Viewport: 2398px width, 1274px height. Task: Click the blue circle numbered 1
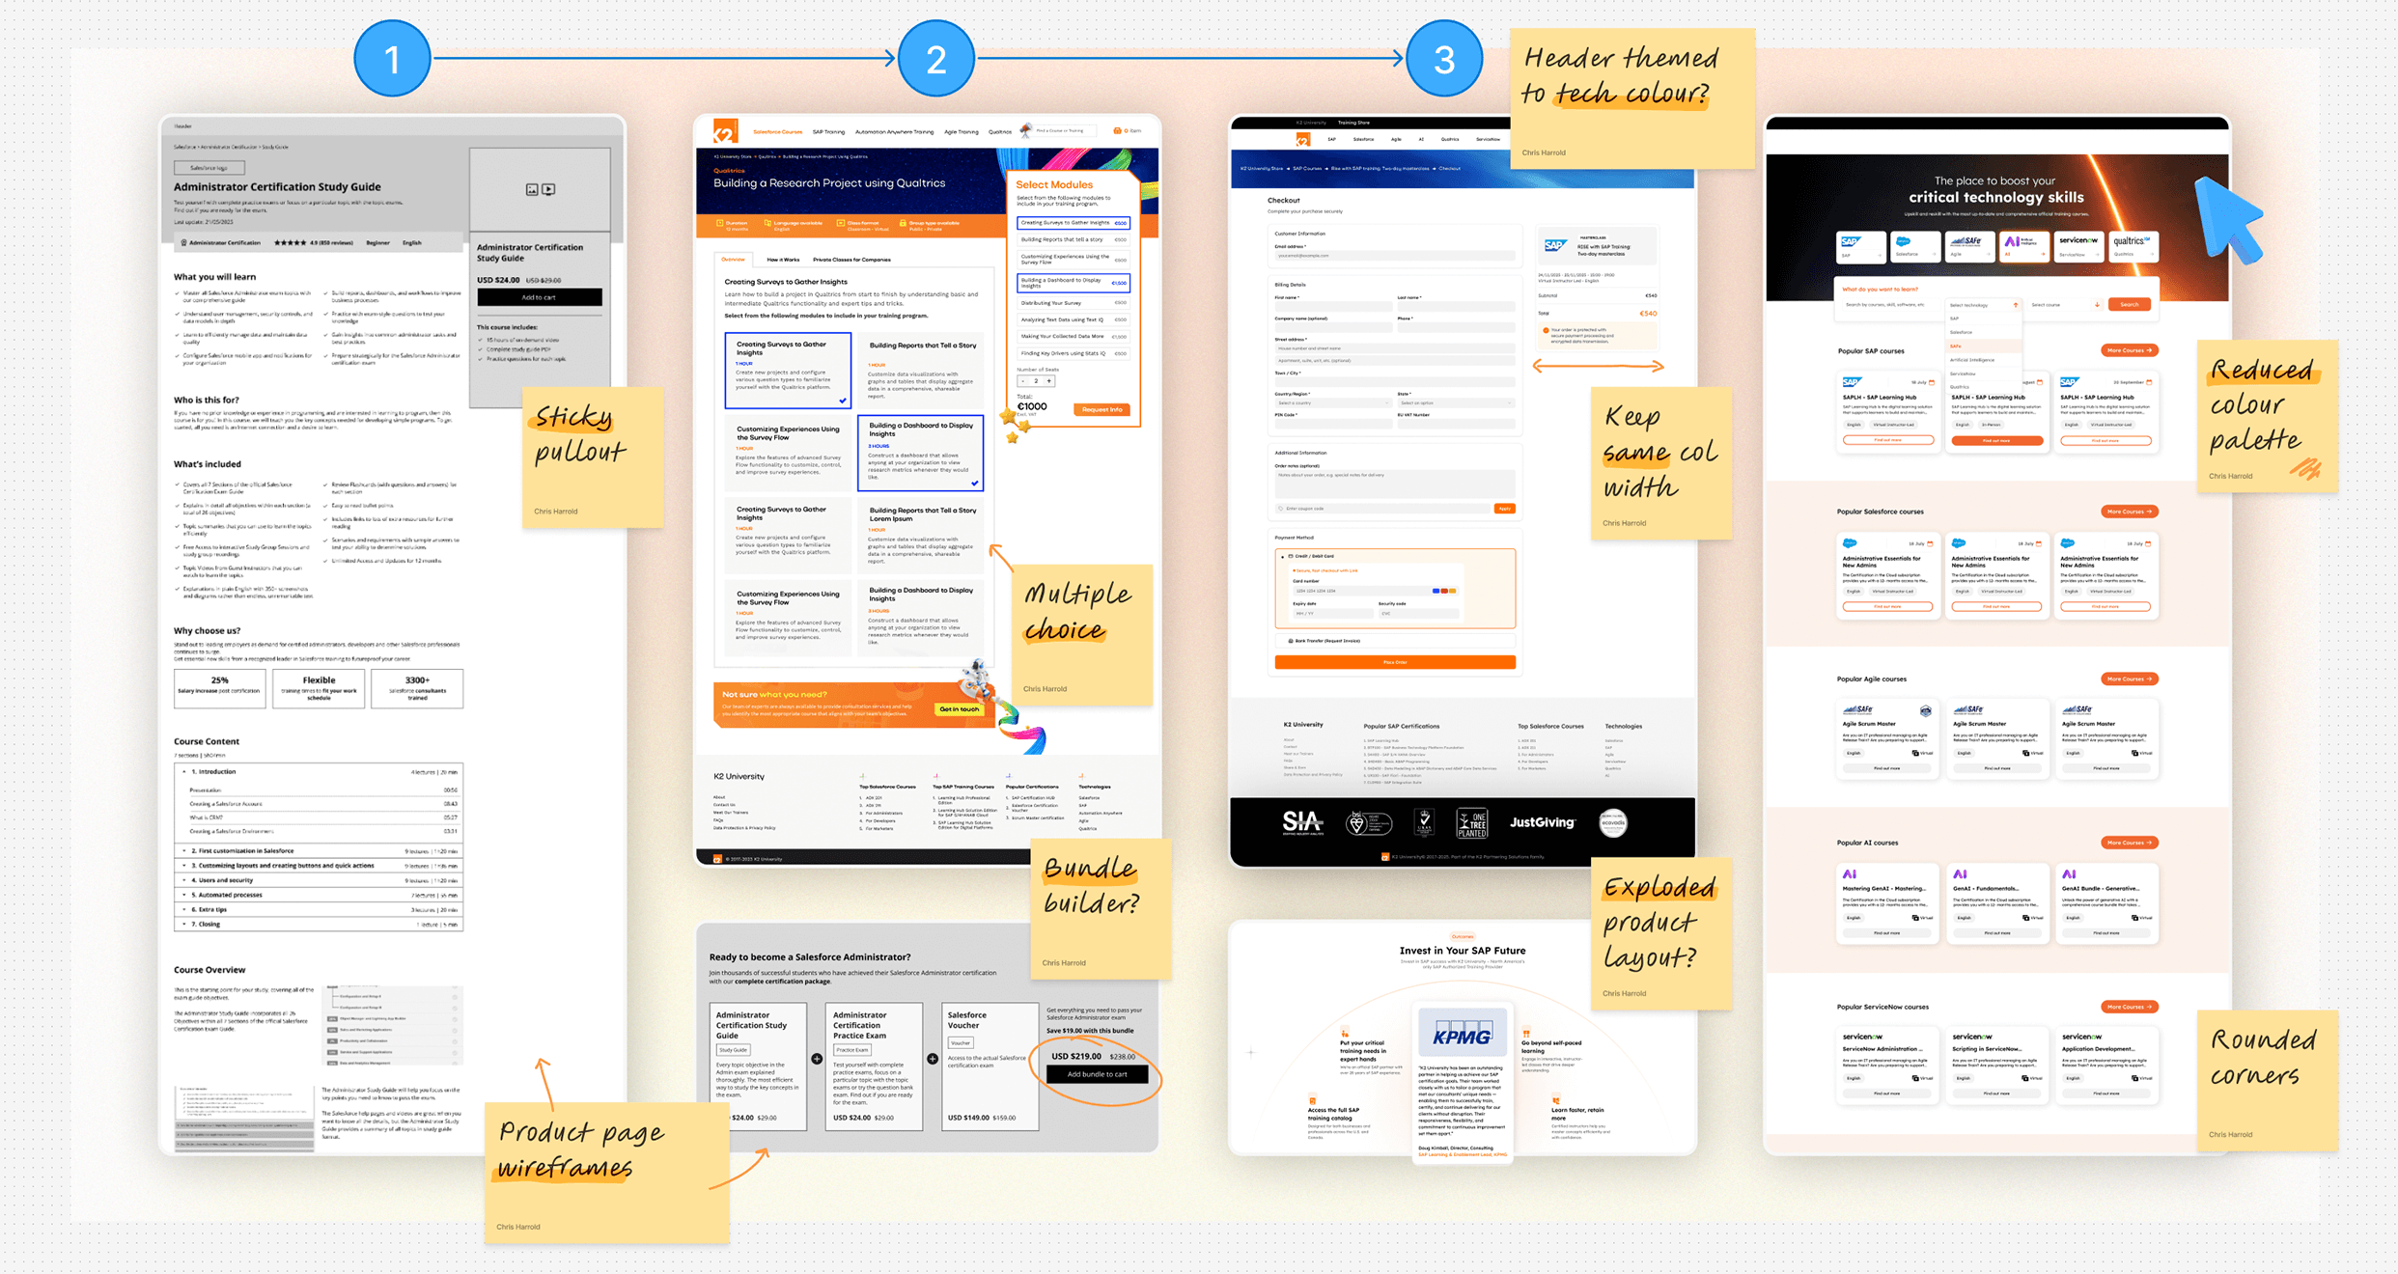coord(392,59)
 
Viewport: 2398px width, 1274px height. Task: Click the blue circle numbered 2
coord(935,59)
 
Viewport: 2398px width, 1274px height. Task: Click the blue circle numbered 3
coord(1443,59)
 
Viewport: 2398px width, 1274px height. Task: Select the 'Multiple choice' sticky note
coord(1081,632)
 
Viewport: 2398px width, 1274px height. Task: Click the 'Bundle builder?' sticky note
coord(1100,907)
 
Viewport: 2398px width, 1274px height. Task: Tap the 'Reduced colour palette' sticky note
coord(2266,415)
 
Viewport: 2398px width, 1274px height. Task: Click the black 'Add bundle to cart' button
coord(1097,1074)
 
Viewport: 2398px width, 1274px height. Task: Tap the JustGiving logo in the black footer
coord(1542,822)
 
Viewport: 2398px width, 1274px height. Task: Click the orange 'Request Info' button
coord(1101,409)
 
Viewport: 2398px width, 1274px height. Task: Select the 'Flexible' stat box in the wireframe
coord(319,688)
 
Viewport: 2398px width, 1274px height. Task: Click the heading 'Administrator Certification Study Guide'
coord(277,187)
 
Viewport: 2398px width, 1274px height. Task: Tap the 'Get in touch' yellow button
coord(959,709)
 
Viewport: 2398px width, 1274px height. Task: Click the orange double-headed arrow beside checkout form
coord(1598,366)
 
